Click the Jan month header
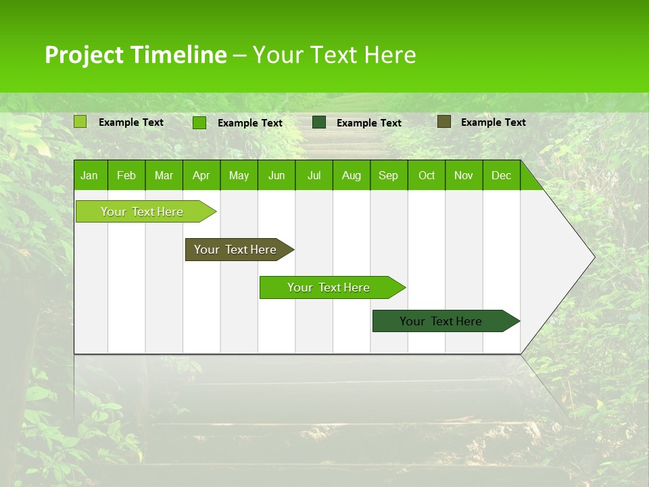[x=89, y=175]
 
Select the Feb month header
[x=126, y=175]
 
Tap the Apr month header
[x=201, y=175]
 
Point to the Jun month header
[x=277, y=175]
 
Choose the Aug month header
[x=352, y=175]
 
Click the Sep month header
[x=389, y=175]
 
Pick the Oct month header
[x=427, y=175]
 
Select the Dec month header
[x=502, y=175]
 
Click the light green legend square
[x=80, y=122]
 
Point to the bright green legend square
[x=199, y=122]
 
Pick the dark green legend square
[x=319, y=122]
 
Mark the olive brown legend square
[x=443, y=122]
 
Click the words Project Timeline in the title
[x=136, y=55]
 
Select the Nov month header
[x=464, y=175]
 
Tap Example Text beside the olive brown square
[x=493, y=122]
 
